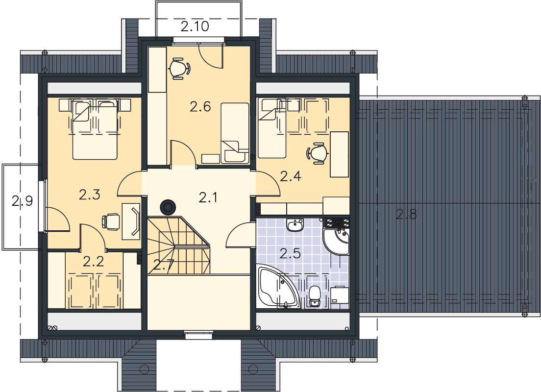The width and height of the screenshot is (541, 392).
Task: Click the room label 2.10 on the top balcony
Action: (195, 26)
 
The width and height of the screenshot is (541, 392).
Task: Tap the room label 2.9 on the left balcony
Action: (22, 200)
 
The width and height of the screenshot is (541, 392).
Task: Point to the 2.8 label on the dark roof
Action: (406, 214)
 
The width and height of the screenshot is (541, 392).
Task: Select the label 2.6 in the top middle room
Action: (200, 107)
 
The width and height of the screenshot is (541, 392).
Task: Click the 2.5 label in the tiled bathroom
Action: (290, 254)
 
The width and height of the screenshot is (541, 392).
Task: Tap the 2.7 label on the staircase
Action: (164, 265)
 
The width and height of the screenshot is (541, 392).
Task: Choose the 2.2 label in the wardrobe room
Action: (94, 262)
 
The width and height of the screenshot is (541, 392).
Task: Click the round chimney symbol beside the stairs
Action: (169, 208)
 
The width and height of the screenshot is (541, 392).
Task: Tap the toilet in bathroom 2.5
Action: (315, 295)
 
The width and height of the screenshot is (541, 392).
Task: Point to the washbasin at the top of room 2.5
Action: (295, 224)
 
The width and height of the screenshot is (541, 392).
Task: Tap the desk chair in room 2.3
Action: (111, 221)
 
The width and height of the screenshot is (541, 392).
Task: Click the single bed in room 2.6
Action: (235, 132)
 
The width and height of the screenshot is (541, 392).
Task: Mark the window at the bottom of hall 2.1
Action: (198, 333)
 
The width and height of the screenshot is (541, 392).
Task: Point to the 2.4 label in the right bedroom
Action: (291, 176)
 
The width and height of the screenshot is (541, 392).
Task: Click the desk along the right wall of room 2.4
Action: (339, 154)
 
